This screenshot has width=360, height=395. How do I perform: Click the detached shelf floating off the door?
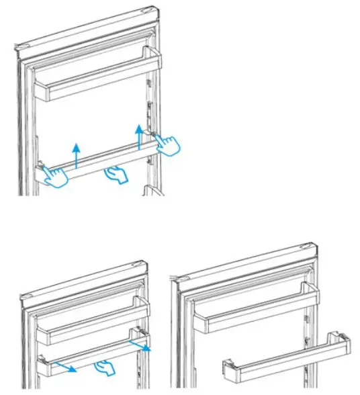pyautogui.click(x=285, y=359)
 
